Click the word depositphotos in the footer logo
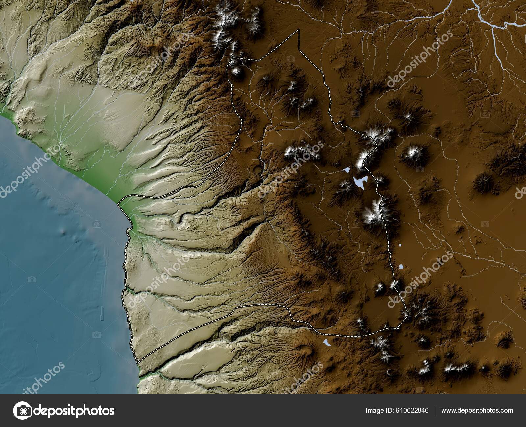(74, 411)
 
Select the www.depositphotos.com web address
(477, 410)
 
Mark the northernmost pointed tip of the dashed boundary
(299, 30)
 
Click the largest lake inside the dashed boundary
(359, 181)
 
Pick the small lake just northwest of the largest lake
(346, 170)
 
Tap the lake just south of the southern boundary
(326, 343)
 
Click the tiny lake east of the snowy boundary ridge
(400, 245)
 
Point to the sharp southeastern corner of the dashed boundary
(407, 316)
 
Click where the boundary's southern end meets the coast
(138, 363)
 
